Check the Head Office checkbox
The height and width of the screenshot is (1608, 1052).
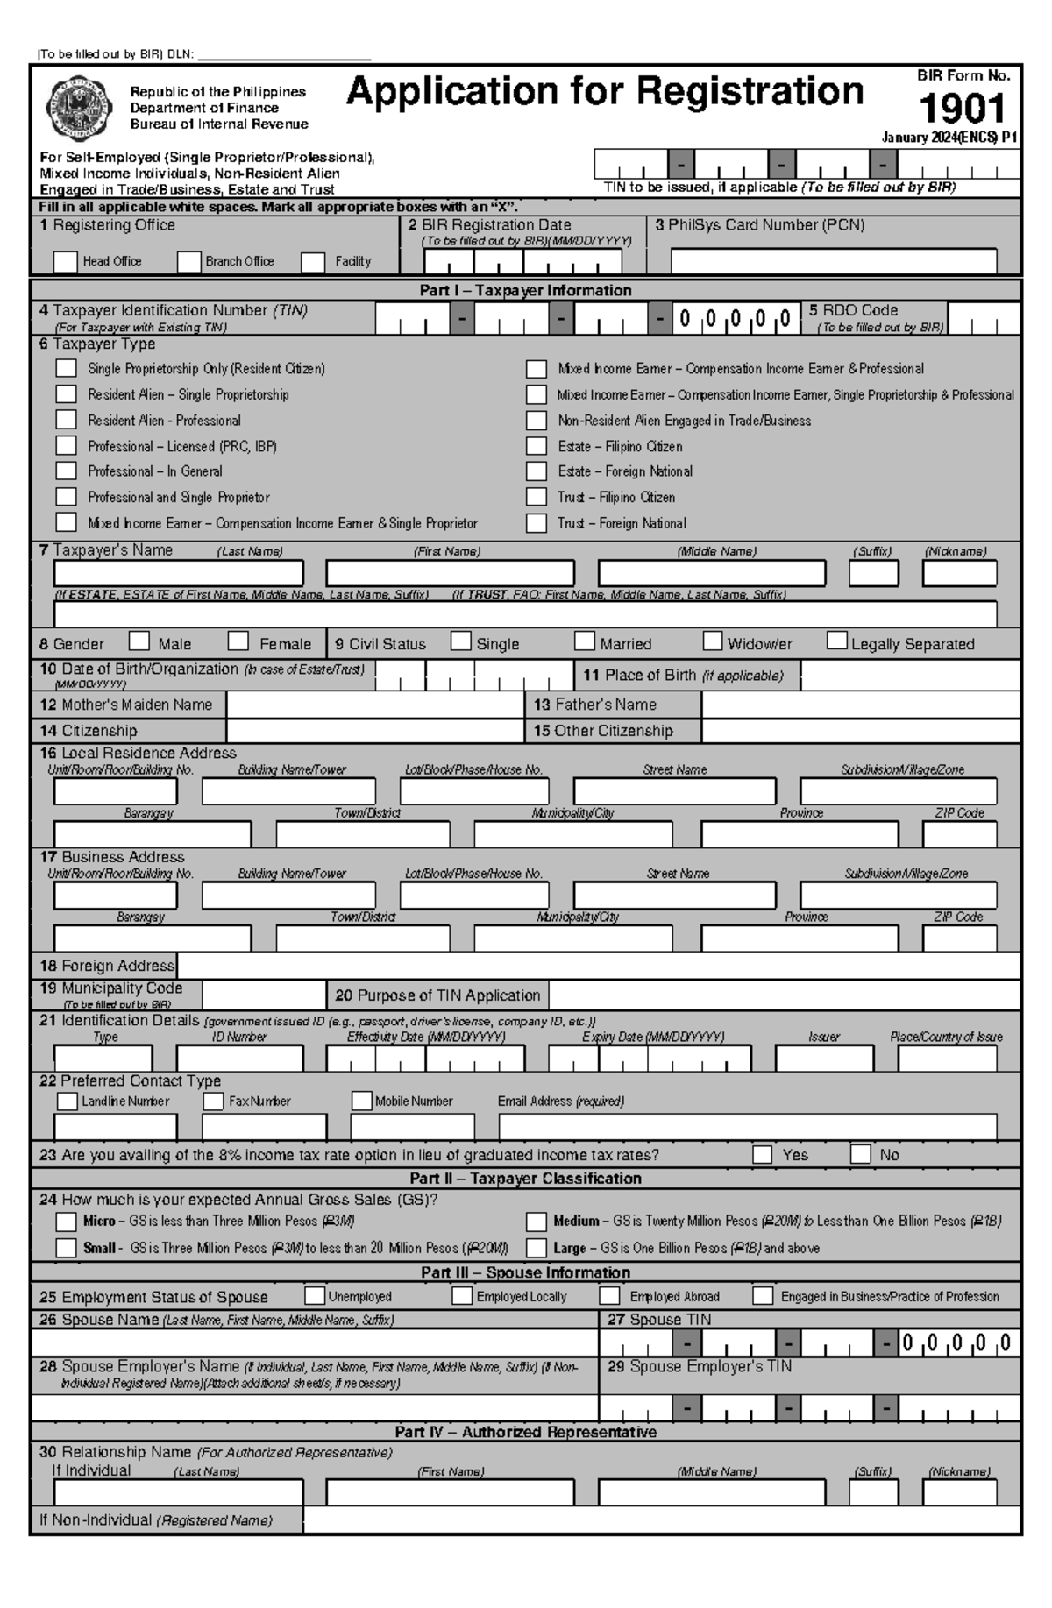coord(66,261)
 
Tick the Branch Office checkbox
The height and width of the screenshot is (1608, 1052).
coord(189,261)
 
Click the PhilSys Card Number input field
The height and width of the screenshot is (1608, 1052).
coord(833,261)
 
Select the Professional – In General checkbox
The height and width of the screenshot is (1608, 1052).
coord(67,471)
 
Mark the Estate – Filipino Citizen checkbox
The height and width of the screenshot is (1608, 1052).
coord(537,446)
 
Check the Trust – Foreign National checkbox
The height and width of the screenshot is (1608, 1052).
coord(537,523)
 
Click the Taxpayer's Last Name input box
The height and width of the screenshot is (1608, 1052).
coord(178,573)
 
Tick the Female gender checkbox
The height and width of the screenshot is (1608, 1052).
coord(238,641)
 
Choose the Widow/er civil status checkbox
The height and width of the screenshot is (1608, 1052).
coord(713,641)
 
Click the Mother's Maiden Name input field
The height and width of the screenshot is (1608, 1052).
coord(375,705)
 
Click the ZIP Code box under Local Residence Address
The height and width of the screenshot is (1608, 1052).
coord(959,833)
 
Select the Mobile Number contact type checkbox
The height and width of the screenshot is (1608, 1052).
coord(362,1101)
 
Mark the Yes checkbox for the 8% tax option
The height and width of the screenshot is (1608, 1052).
coord(763,1154)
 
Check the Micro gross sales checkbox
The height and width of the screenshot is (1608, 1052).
coord(67,1222)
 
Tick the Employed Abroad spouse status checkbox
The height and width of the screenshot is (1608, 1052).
coord(610,1296)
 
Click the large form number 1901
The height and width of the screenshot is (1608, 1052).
coord(962,110)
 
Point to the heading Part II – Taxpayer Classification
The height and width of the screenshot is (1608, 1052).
coord(525,1179)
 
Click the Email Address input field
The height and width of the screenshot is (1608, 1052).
coord(747,1126)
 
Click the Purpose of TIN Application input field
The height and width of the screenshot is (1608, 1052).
coord(784,995)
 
